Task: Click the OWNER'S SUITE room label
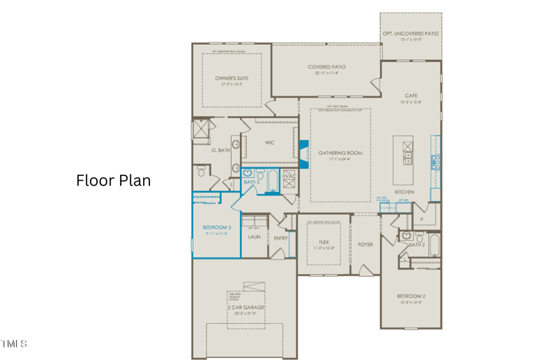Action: pyautogui.click(x=232, y=79)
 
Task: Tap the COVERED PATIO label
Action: pyautogui.click(x=326, y=68)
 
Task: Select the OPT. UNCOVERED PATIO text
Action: pyautogui.click(x=411, y=33)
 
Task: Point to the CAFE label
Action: pyautogui.click(x=411, y=96)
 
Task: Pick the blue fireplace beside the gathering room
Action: pyautogui.click(x=303, y=153)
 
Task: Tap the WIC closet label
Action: pyautogui.click(x=269, y=143)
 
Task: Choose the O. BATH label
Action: pyautogui.click(x=220, y=150)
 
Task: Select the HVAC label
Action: pyautogui.click(x=289, y=176)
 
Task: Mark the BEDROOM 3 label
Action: pyautogui.click(x=216, y=227)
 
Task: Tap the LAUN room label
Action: pyautogui.click(x=254, y=237)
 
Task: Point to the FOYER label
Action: pyautogui.click(x=365, y=245)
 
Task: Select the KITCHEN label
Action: pyautogui.click(x=404, y=192)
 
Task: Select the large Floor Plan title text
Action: pyautogui.click(x=113, y=180)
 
